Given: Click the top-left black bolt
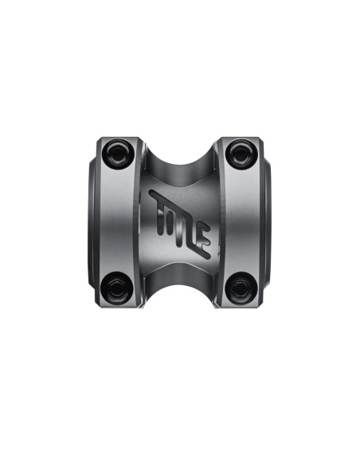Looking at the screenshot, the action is point(117,154).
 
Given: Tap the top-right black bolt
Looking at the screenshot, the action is point(241,154).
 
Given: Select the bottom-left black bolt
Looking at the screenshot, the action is point(117,288).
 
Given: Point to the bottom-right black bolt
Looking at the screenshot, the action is point(241,288).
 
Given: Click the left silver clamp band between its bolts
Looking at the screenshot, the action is point(117,221).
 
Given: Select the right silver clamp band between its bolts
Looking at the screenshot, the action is point(241,221).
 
